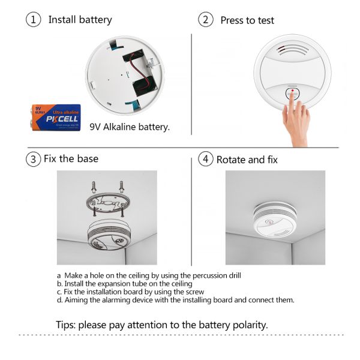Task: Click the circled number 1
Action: [x=33, y=20]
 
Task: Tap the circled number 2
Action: [x=206, y=20]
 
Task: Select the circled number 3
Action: [x=33, y=159]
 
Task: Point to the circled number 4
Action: [x=206, y=160]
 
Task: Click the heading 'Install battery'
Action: [x=80, y=20]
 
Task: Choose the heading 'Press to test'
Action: [x=247, y=20]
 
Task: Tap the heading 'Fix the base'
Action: [x=71, y=159]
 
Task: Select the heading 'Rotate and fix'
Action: [x=247, y=160]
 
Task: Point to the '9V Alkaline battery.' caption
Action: [x=130, y=127]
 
